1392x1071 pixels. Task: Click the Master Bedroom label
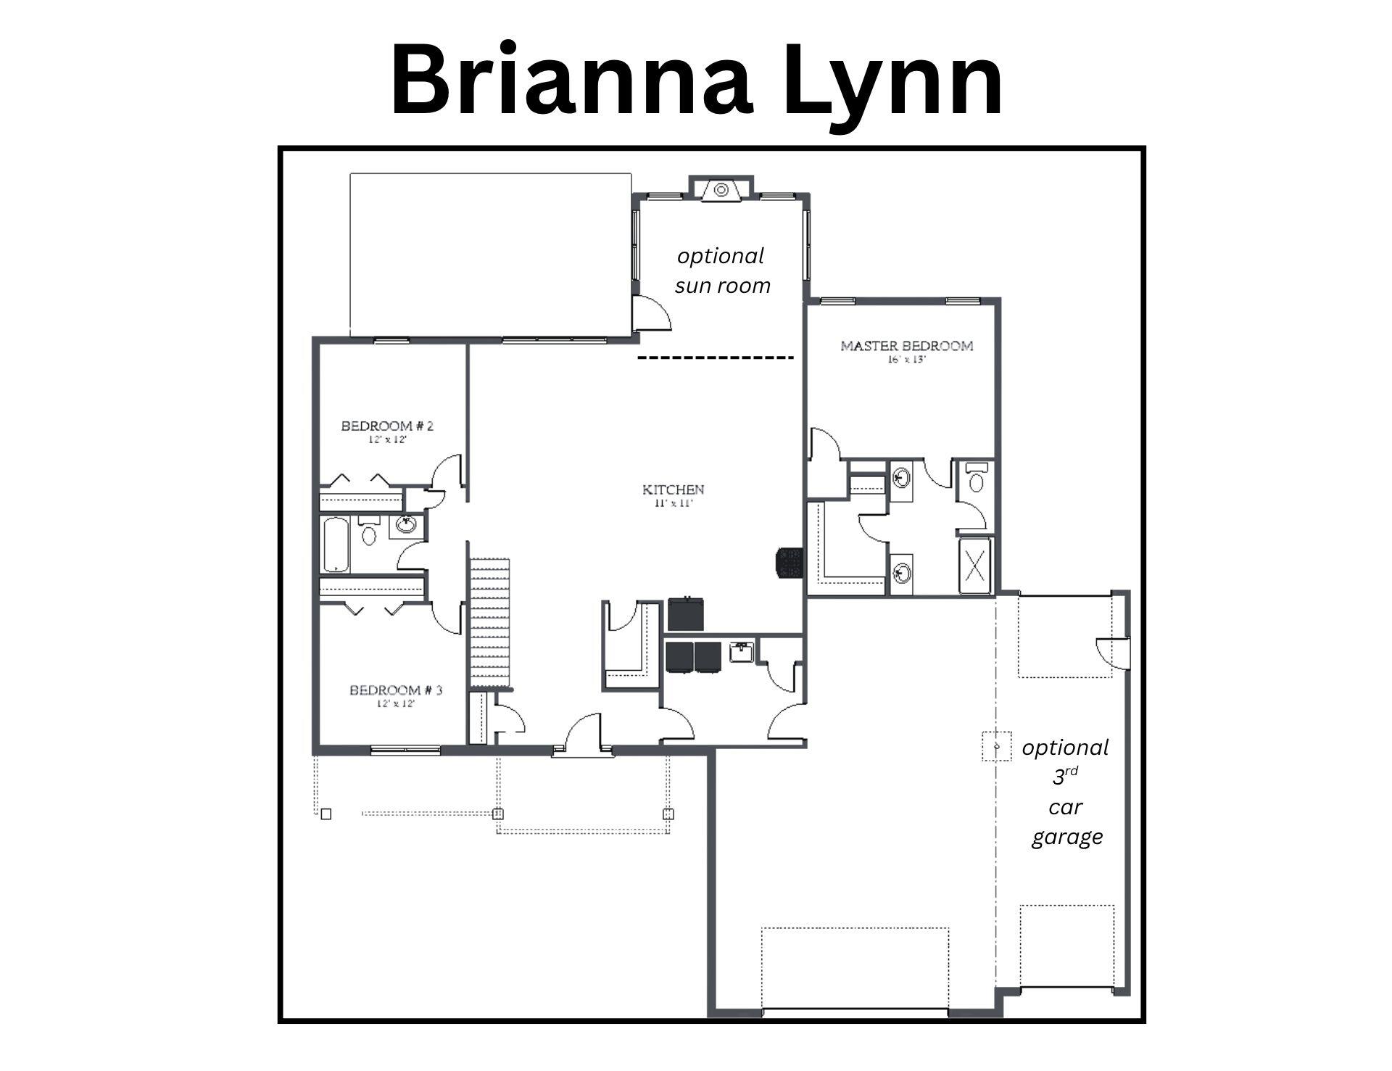click(x=906, y=346)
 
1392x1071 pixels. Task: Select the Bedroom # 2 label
click(x=387, y=426)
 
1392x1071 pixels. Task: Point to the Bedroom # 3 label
click(x=396, y=690)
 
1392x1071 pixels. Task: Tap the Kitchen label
click(x=673, y=489)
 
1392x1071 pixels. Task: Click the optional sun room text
click(x=721, y=270)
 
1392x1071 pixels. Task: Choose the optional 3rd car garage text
click(x=1065, y=792)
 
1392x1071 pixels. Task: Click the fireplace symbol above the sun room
click(x=721, y=190)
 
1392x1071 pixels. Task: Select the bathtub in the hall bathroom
click(x=336, y=545)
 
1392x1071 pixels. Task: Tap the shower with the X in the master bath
click(x=976, y=566)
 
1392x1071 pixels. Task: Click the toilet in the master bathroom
click(x=977, y=479)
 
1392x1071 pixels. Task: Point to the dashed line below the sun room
click(x=716, y=357)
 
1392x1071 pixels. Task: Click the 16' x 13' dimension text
click(x=906, y=360)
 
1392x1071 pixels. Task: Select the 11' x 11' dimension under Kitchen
click(x=674, y=503)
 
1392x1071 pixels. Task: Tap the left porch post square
click(x=326, y=814)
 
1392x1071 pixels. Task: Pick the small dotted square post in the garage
click(x=997, y=745)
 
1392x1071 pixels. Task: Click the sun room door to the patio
click(x=650, y=313)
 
